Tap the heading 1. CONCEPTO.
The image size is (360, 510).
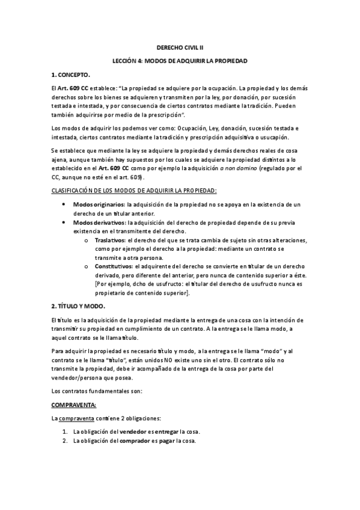pyautogui.click(x=70, y=75)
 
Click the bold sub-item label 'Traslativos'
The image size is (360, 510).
pyautogui.click(x=115, y=239)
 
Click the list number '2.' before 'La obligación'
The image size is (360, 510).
pyautogui.click(x=66, y=441)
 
